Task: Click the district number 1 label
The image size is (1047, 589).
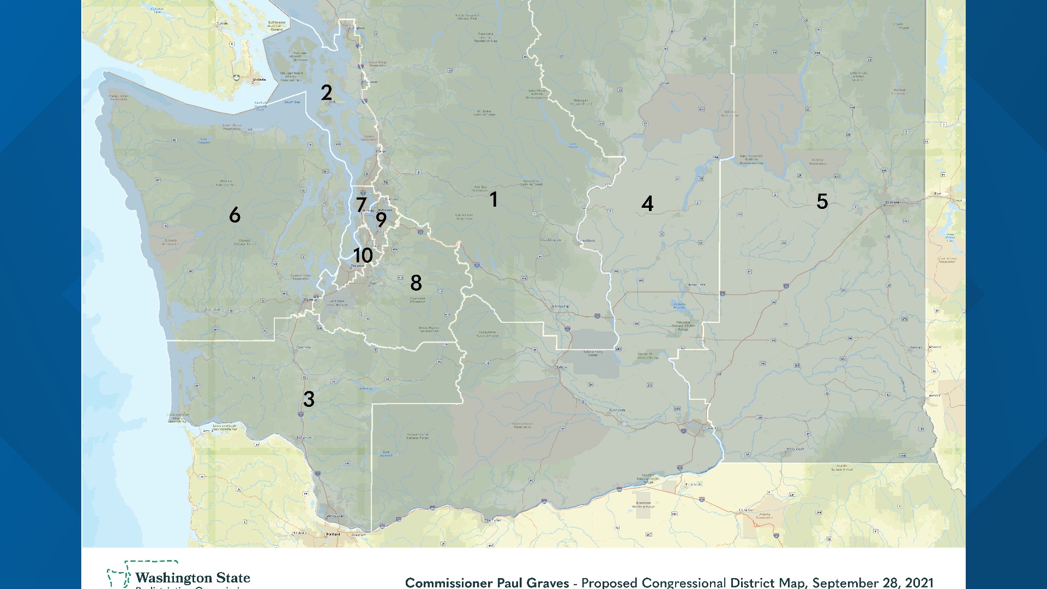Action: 494,200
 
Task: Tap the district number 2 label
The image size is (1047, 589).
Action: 326,93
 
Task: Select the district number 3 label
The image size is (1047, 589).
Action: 309,399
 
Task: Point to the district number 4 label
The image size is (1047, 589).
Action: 647,204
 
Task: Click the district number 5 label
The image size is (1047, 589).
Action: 822,202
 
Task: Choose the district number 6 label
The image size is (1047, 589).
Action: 234,215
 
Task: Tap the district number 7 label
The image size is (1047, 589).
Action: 361,205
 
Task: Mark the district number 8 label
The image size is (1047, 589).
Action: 416,283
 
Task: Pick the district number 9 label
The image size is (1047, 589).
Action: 381,220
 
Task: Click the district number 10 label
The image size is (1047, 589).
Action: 363,255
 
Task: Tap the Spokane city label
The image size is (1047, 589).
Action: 892,202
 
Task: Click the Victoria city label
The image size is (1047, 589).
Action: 259,80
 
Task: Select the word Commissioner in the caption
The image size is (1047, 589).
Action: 451,582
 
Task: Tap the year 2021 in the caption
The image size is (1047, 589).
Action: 918,582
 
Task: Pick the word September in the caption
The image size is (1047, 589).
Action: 844,582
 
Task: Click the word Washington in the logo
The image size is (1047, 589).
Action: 173,578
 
